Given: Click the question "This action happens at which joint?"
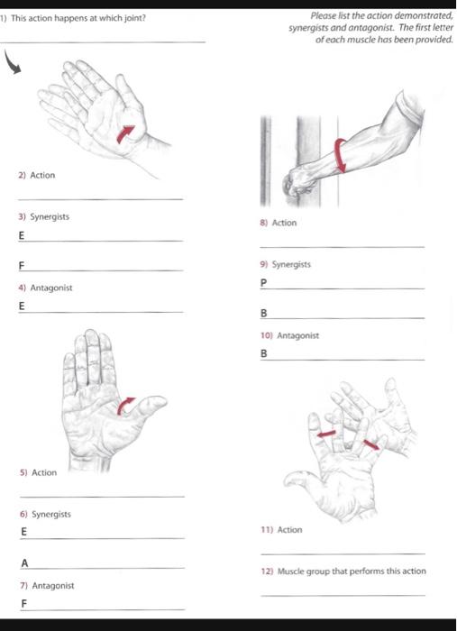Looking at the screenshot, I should click(78, 18).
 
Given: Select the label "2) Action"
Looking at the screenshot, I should click(37, 175).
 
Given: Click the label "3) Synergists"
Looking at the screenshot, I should click(44, 217).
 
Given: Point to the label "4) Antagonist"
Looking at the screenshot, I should click(45, 288).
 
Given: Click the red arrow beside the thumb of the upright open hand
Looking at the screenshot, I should click(127, 407).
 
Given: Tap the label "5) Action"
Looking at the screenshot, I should click(37, 472).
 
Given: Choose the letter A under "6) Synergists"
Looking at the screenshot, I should click(24, 562).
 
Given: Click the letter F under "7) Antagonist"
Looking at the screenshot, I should click(24, 604).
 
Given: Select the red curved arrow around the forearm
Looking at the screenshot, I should click(341, 154).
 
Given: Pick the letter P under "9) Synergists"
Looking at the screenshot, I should click(263, 283).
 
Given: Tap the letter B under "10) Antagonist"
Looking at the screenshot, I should click(263, 354).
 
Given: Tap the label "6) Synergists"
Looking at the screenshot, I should click(44, 514).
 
